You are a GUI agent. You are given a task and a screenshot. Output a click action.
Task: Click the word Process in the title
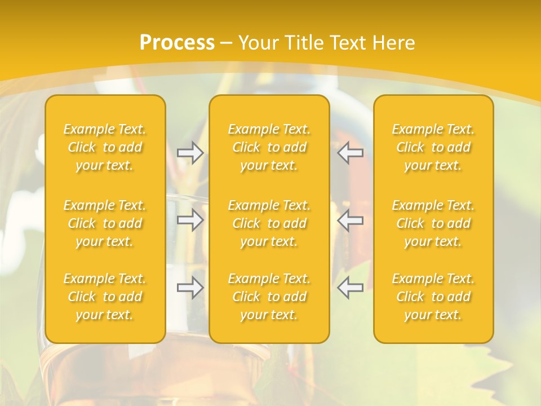click(x=177, y=43)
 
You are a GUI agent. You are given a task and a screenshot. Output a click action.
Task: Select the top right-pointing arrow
click(x=190, y=153)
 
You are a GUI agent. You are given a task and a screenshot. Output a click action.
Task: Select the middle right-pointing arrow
click(x=190, y=220)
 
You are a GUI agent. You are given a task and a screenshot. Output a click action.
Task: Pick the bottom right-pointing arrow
click(x=190, y=288)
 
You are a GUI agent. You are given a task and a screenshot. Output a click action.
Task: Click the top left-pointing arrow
click(x=350, y=153)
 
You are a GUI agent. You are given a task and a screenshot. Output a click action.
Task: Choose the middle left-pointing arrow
click(x=350, y=220)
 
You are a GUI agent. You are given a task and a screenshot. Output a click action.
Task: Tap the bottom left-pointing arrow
click(x=350, y=288)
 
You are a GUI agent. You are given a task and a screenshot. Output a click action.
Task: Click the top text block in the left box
click(x=105, y=147)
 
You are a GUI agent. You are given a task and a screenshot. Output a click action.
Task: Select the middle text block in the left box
click(x=105, y=223)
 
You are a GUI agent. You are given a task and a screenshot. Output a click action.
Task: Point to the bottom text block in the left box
click(x=105, y=297)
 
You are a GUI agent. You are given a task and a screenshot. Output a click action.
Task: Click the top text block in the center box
click(x=269, y=147)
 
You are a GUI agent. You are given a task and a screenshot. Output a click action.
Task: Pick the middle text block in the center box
click(x=269, y=223)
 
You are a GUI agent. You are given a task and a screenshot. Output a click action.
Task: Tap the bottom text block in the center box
click(x=269, y=297)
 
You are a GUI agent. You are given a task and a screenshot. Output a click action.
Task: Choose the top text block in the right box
click(x=433, y=147)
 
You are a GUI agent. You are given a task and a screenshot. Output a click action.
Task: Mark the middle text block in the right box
click(x=433, y=223)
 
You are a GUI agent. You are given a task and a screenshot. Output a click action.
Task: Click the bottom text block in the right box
click(x=433, y=297)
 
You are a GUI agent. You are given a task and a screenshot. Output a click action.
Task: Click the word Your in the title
click(x=257, y=43)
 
